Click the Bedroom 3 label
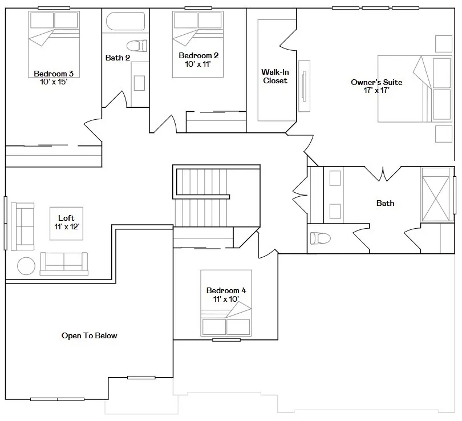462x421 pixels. pos(54,74)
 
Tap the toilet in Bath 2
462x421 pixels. pos(137,46)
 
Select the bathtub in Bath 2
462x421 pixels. pos(125,21)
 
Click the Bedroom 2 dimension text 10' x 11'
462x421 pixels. pos(198,64)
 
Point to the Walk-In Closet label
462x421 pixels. pos(275,76)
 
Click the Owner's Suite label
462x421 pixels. pos(376,82)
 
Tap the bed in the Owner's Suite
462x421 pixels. pos(415,88)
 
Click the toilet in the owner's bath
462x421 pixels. pos(321,238)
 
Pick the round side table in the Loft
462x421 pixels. pos(26,266)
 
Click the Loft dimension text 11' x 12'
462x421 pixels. pos(67,226)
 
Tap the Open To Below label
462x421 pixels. pos(90,335)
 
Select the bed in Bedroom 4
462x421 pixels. pos(226,303)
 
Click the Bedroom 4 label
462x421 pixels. pos(226,290)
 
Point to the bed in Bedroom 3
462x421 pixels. pos(54,44)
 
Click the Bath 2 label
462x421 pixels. pos(117,58)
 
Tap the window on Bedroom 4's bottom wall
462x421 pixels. pos(226,340)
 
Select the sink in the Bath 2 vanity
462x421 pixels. pos(139,83)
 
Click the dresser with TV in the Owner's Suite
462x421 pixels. pos(305,86)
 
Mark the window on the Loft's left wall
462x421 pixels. pos(5,223)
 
